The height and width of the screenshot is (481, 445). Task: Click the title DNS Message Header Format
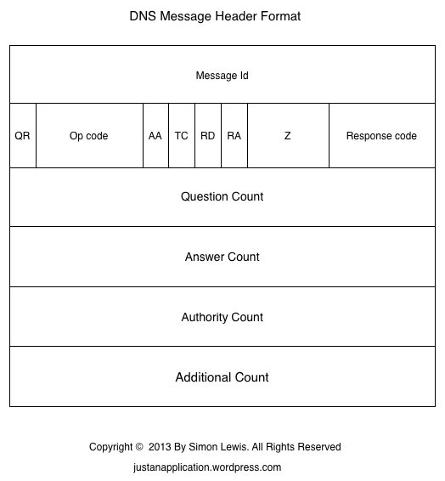215,16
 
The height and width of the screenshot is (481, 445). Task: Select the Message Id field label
222,76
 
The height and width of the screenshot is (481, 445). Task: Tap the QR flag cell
23,136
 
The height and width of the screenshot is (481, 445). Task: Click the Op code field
89,136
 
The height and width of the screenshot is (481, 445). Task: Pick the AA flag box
155,136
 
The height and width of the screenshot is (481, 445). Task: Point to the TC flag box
182,136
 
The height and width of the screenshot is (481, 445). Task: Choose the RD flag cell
208,136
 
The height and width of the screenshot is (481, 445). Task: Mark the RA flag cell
234,136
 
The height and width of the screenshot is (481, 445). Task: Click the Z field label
288,136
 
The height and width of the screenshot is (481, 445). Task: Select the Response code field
382,136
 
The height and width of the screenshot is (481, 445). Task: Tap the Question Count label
222,196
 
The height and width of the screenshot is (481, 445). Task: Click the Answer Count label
222,257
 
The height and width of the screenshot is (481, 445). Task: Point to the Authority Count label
222,317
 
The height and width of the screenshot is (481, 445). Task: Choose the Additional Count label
222,377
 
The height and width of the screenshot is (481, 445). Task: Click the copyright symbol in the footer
139,447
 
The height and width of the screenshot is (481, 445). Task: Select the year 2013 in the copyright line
160,447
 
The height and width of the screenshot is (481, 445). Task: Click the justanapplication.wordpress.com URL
207,467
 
